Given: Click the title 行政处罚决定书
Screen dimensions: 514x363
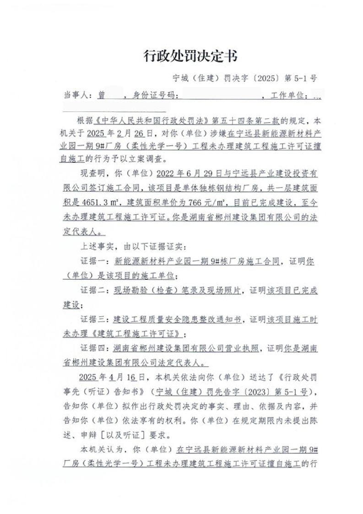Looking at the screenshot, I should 190,56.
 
